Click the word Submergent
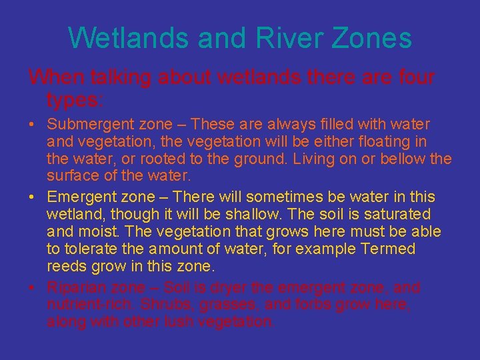coord(87,125)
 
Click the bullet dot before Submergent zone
coord(32,125)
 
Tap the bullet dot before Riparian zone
coord(32,288)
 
